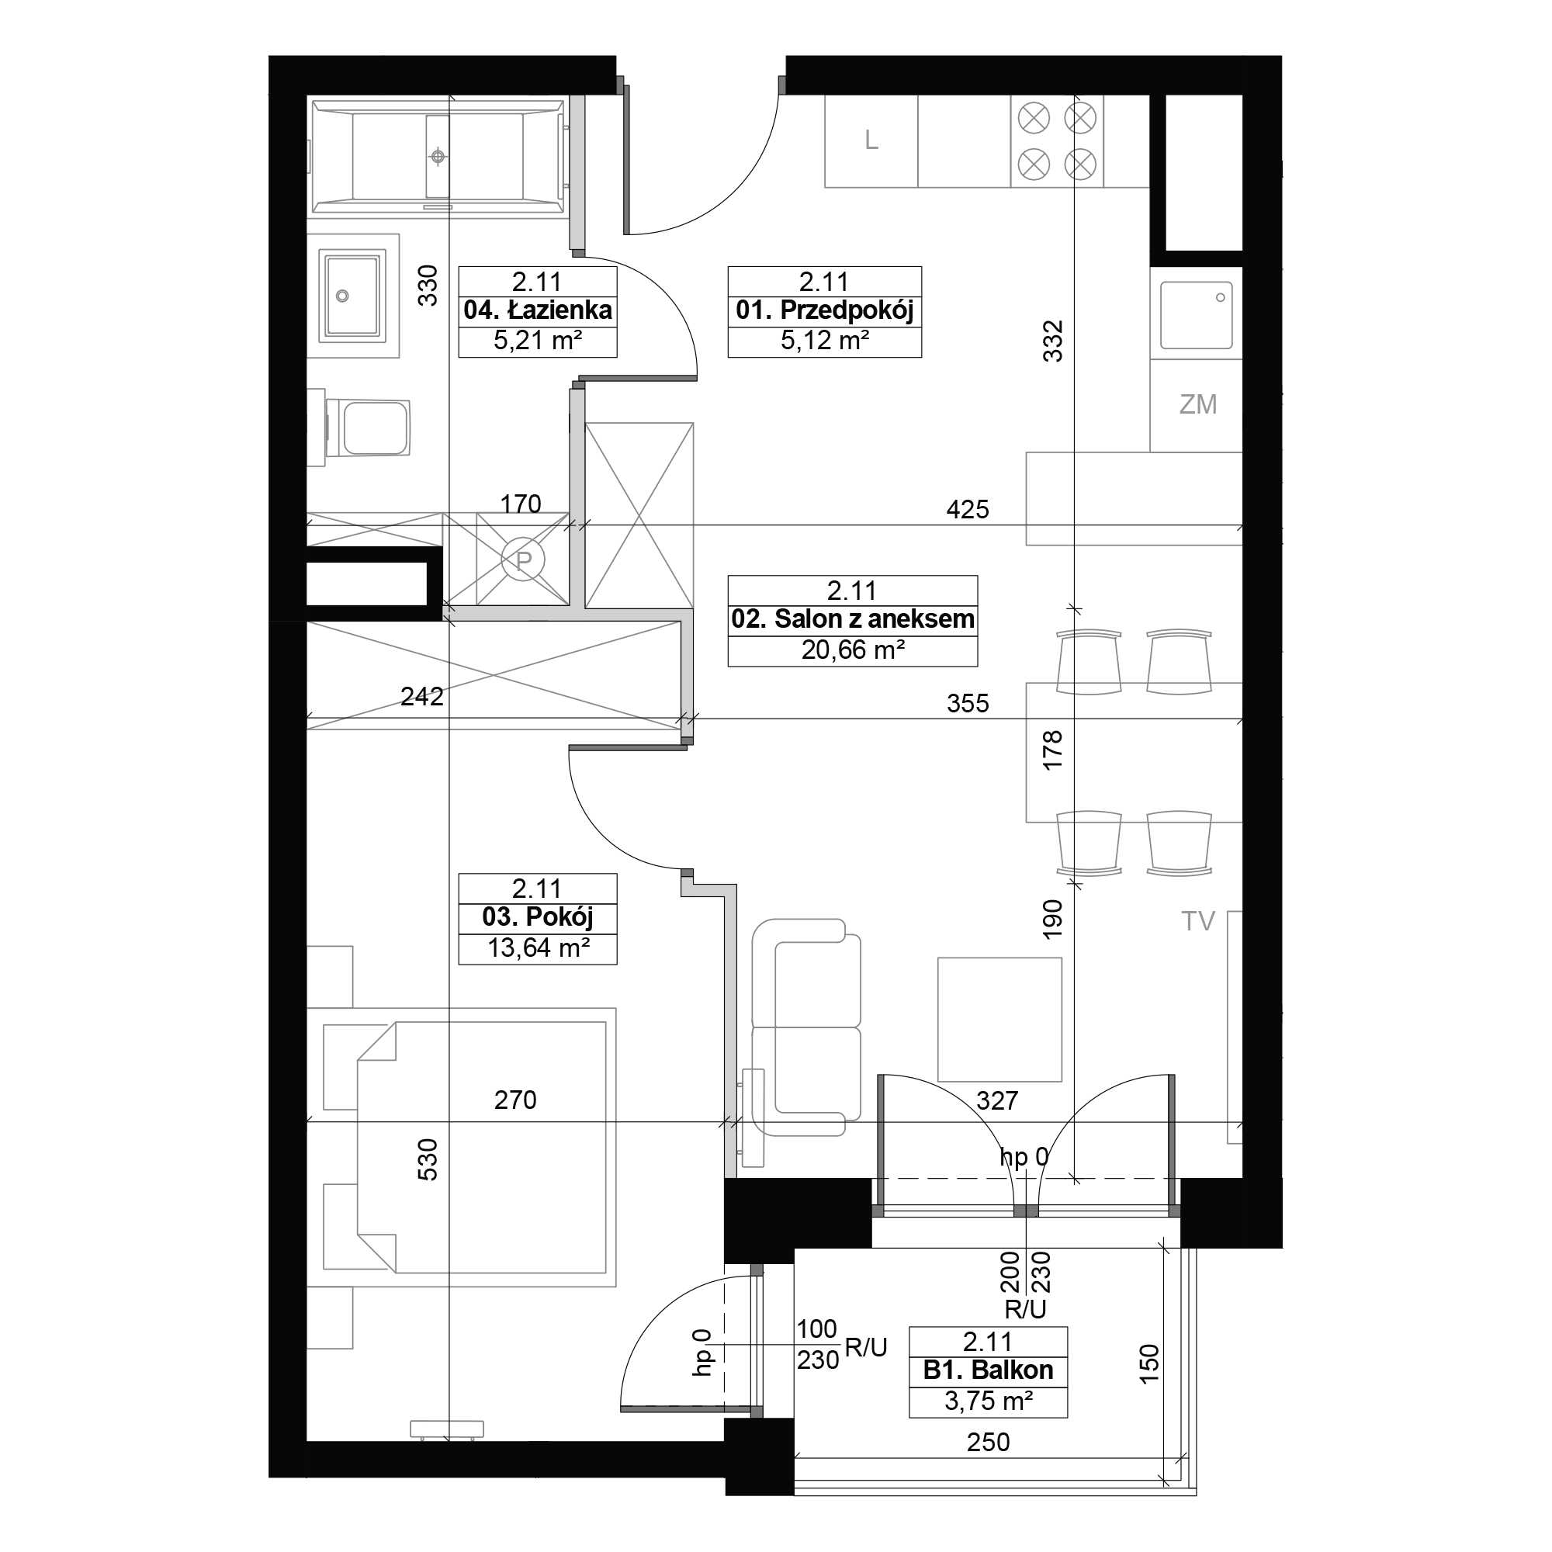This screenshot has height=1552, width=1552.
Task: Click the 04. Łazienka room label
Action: click(538, 310)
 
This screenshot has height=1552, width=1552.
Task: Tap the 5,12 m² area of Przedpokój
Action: click(824, 341)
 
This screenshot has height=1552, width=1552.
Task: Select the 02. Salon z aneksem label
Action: click(852, 619)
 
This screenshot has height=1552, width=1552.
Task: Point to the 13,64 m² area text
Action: click(538, 948)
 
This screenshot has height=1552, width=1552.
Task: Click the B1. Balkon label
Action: click(987, 1370)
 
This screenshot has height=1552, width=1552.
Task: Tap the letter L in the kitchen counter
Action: click(871, 140)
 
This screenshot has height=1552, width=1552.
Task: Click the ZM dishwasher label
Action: click(1197, 404)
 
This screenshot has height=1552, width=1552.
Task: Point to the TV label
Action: click(1197, 920)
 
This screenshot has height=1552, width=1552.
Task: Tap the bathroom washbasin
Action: click(352, 296)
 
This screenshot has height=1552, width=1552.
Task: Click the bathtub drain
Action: click(438, 157)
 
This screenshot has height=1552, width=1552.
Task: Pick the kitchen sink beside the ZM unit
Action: click(1196, 314)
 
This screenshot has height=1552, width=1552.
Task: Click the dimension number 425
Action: click(967, 509)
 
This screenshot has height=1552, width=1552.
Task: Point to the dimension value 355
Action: click(967, 704)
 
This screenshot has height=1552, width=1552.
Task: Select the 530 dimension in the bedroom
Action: click(428, 1159)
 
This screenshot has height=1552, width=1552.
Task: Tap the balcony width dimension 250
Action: click(987, 1442)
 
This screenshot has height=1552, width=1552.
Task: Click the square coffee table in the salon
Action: click(999, 1020)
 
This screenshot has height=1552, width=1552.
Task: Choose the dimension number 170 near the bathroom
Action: click(521, 504)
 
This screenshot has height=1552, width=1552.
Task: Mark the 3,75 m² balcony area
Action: click(987, 1401)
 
